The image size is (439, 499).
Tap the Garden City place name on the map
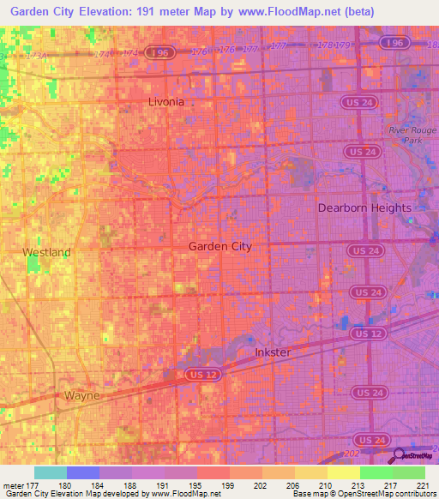(219, 246)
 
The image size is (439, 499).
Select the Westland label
(46, 253)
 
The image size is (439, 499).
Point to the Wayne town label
(82, 395)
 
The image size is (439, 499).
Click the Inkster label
(274, 352)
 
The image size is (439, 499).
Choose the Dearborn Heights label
(364, 207)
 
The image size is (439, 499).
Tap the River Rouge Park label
(403, 135)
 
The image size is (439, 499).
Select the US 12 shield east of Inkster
(366, 333)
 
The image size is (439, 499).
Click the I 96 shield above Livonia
(156, 52)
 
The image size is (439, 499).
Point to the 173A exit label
(37, 55)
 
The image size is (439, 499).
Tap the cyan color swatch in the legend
(50, 472)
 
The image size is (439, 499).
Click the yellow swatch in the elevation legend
(343, 472)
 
